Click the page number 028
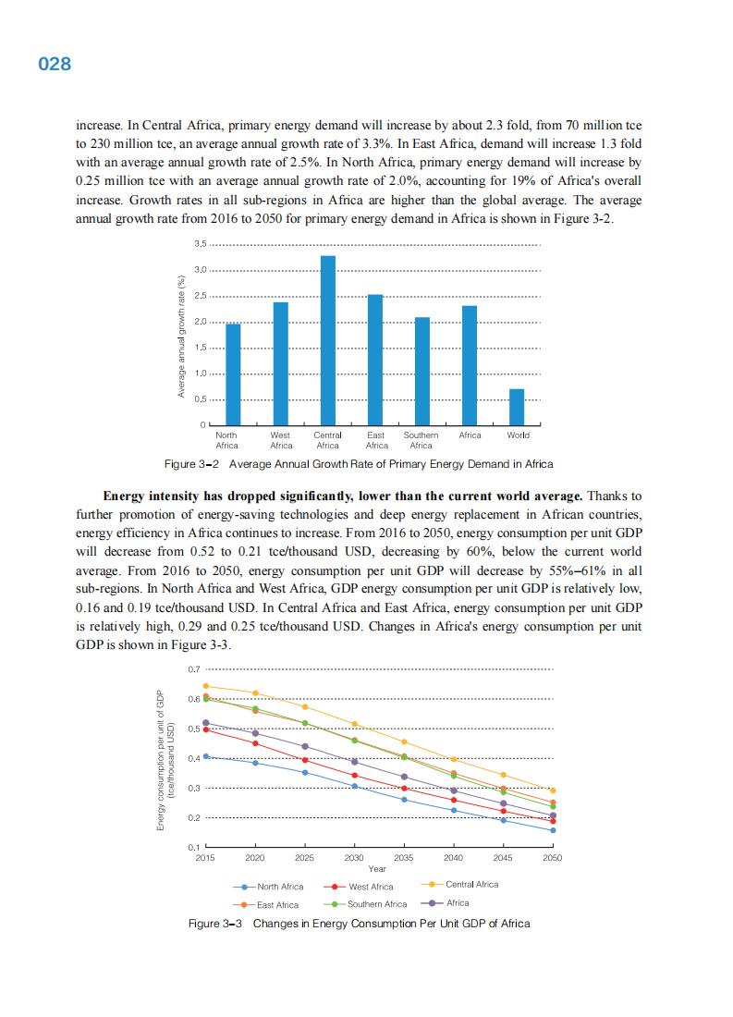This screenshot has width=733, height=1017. click(x=55, y=65)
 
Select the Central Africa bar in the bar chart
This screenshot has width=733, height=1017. click(x=328, y=339)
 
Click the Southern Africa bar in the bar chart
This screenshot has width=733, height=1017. click(x=421, y=371)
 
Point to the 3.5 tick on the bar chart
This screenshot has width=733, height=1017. click(x=201, y=244)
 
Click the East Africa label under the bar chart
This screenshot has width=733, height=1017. click(x=376, y=440)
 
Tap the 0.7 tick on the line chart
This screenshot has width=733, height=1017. click(x=193, y=668)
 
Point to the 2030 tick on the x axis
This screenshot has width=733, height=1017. click(x=353, y=858)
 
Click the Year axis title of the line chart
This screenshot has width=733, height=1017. click(x=377, y=869)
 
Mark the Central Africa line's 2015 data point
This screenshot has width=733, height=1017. click(x=205, y=686)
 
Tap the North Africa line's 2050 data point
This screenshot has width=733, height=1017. click(x=553, y=830)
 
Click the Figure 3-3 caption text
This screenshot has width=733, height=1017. click(x=359, y=924)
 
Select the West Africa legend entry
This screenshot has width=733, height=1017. click(x=362, y=887)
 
